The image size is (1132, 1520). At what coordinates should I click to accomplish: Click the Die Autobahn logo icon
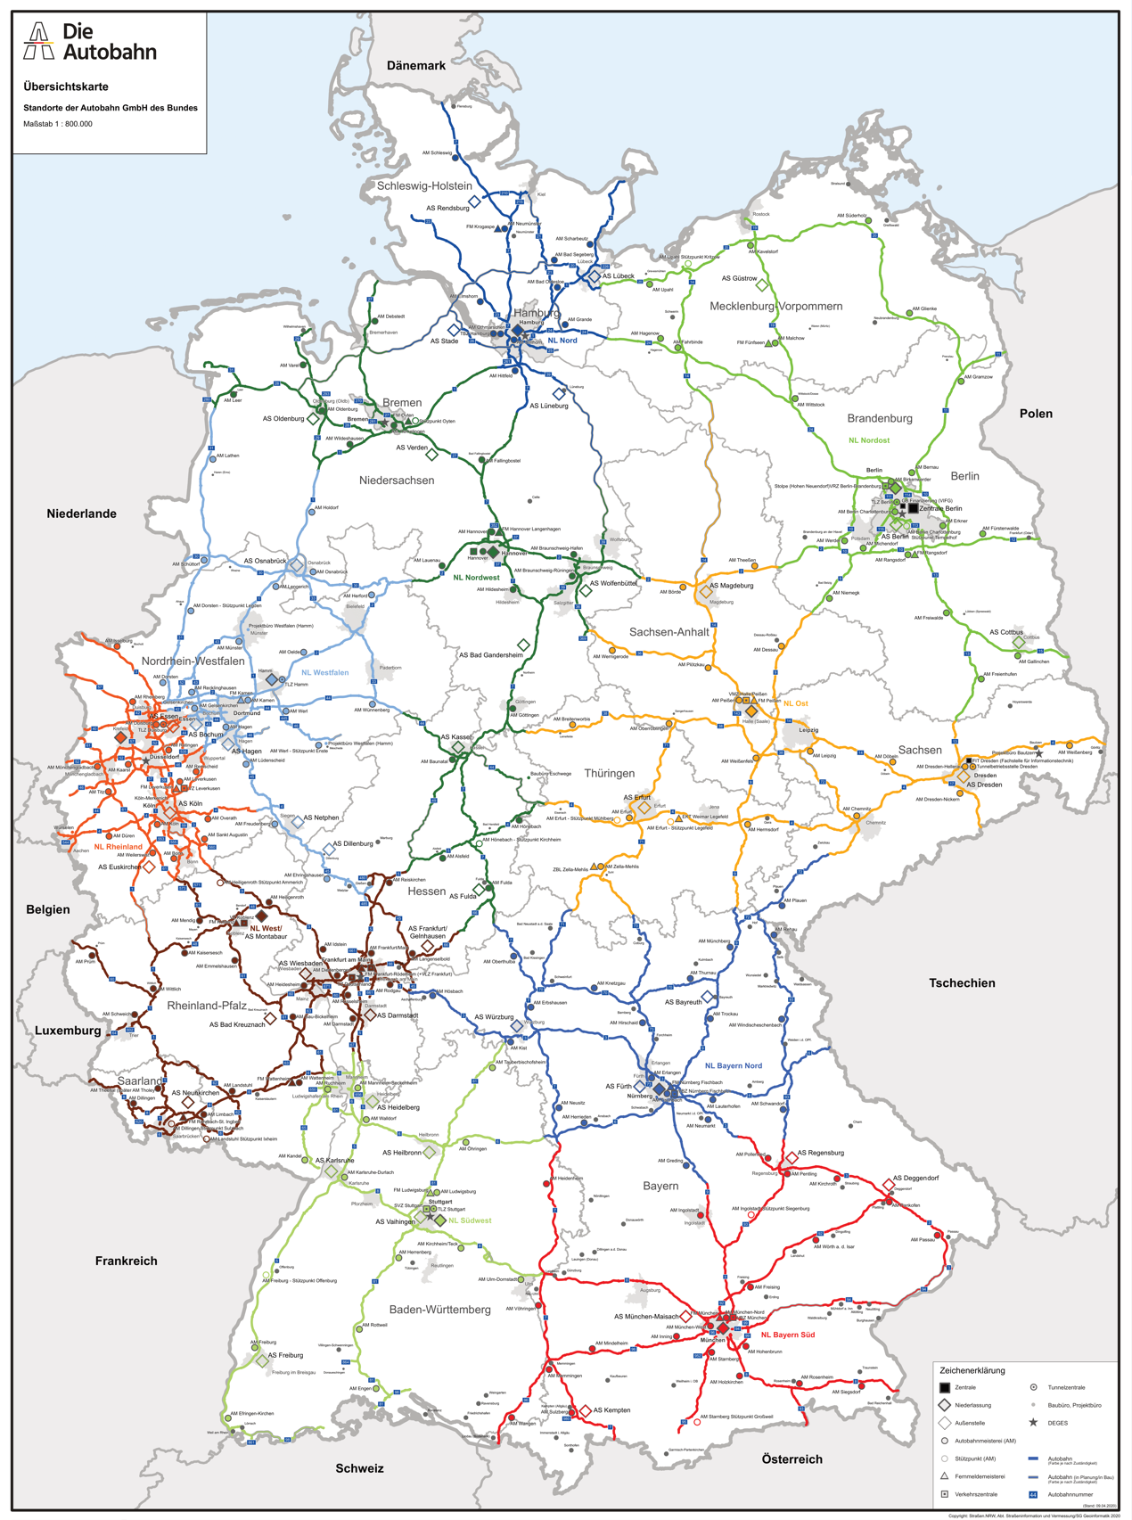(x=38, y=41)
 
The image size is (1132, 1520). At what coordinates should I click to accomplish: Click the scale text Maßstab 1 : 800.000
(x=58, y=124)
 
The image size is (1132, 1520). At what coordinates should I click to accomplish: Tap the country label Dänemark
(x=416, y=65)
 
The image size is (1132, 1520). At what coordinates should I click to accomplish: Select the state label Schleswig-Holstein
(x=424, y=185)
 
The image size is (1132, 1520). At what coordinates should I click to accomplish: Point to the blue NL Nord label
(x=562, y=341)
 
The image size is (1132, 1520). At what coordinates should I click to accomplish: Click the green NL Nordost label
(x=868, y=440)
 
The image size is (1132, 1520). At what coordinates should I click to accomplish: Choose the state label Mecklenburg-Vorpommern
(x=775, y=306)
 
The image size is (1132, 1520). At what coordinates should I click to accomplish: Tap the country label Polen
(x=1036, y=414)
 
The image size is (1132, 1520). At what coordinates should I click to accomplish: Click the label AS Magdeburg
(x=731, y=586)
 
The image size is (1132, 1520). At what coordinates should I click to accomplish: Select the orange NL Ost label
(x=795, y=703)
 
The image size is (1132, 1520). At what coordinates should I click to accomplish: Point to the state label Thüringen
(x=609, y=773)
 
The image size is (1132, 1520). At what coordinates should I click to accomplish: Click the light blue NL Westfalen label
(x=324, y=672)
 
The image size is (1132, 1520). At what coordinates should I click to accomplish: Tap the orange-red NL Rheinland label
(x=118, y=847)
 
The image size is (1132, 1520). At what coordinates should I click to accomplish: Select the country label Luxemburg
(x=68, y=1031)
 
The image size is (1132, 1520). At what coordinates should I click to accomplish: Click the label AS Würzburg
(x=494, y=1016)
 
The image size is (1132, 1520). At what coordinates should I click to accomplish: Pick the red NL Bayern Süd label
(x=787, y=1335)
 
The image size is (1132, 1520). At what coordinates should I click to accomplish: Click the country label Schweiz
(x=359, y=1468)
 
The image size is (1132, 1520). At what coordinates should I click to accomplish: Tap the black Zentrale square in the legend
(x=945, y=1387)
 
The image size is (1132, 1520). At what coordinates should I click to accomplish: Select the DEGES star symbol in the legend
(x=1033, y=1422)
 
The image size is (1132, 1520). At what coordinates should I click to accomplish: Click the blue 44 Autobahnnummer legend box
(x=1033, y=1494)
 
